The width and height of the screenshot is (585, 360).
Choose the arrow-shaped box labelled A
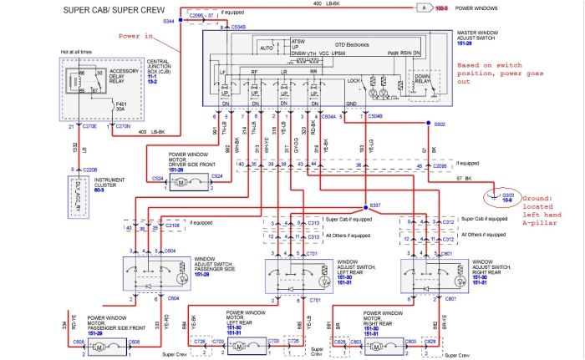[424, 7]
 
